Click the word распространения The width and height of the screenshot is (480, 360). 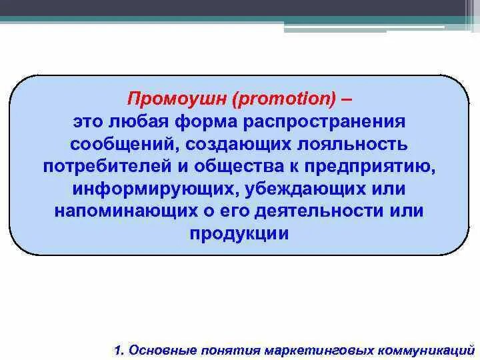click(x=324, y=123)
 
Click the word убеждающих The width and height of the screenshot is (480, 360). click(x=288, y=189)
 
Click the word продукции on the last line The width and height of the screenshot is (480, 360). click(x=240, y=233)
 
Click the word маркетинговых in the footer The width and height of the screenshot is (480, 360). click(x=315, y=349)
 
